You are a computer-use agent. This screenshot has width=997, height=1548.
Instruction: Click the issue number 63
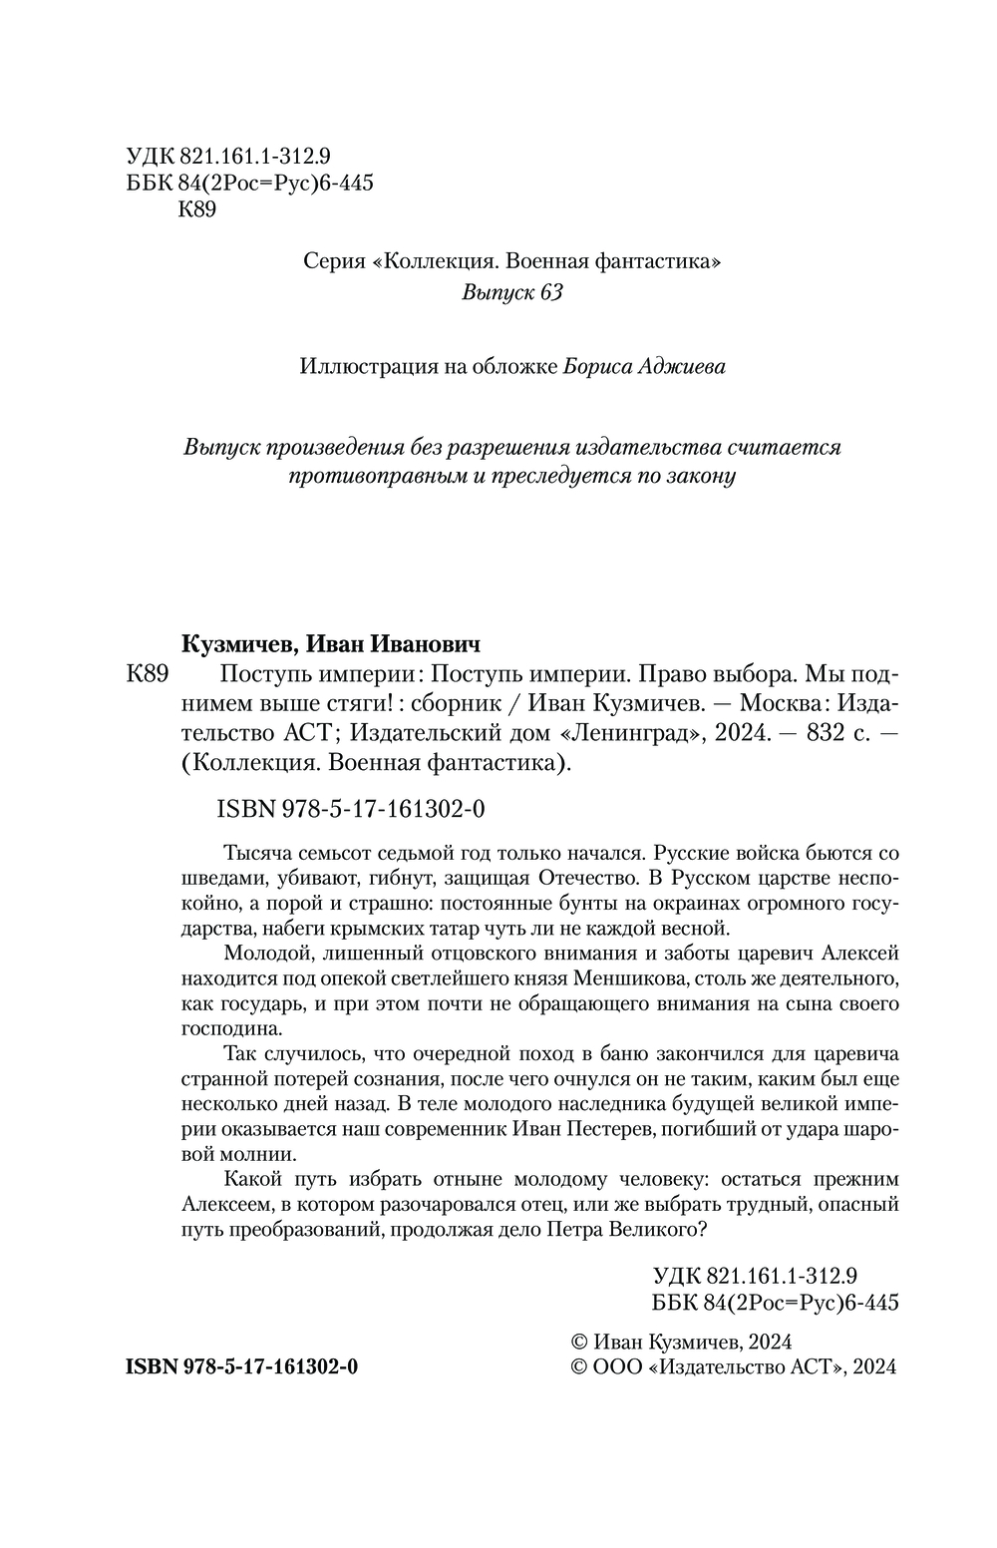(x=550, y=293)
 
